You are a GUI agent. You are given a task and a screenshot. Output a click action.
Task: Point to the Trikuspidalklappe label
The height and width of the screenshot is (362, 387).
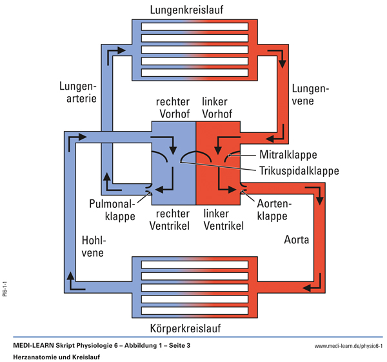pyautogui.click(x=299, y=171)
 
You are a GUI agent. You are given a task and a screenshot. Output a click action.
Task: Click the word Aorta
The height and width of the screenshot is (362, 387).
pyautogui.click(x=297, y=240)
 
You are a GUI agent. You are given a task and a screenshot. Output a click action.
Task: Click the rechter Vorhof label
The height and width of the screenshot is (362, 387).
pyautogui.click(x=172, y=108)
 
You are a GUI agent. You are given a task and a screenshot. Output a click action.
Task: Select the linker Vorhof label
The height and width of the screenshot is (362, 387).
pyautogui.click(x=217, y=108)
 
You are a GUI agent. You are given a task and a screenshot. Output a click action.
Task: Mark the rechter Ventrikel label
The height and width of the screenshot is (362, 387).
pyautogui.click(x=172, y=219)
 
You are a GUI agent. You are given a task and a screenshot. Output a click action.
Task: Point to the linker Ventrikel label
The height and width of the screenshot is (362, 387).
pyautogui.click(x=223, y=219)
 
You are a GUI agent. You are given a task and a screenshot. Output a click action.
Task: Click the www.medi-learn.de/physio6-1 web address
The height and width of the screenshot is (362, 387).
pyautogui.click(x=348, y=347)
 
